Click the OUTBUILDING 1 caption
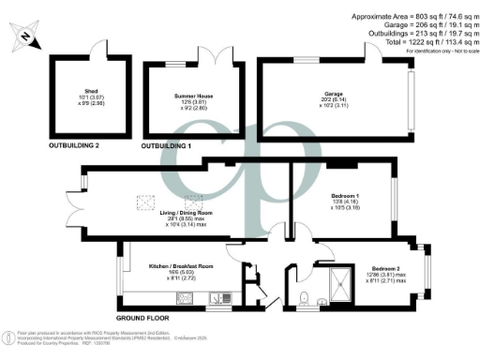172,146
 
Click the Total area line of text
418,42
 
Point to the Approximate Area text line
412,17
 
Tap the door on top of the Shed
92,52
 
